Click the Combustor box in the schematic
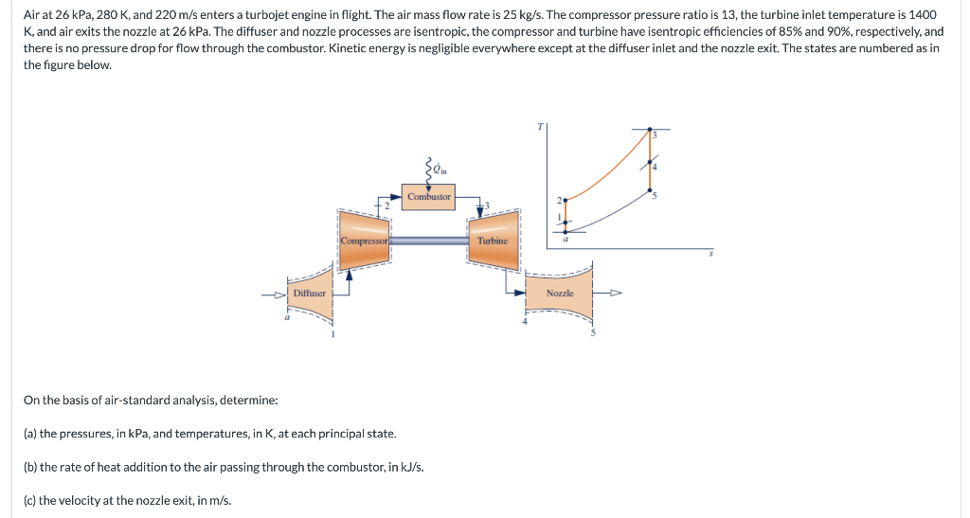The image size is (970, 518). coord(429,197)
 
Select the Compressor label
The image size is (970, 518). coord(364,241)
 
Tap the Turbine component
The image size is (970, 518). coord(493,241)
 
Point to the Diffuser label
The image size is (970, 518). coord(309,294)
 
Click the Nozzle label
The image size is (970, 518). coord(560,294)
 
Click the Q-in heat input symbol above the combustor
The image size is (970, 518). coord(437,170)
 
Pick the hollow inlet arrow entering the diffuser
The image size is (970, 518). coord(276,294)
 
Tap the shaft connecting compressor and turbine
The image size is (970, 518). coord(429,241)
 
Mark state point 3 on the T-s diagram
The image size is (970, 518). coord(649,130)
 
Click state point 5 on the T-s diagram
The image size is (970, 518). coord(649,192)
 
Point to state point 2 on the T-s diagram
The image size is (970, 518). coord(566,201)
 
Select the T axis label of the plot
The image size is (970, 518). coord(540,123)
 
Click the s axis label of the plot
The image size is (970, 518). coord(710,254)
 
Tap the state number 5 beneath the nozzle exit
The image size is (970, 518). coord(593,331)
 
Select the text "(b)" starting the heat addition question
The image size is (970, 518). coord(30,467)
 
